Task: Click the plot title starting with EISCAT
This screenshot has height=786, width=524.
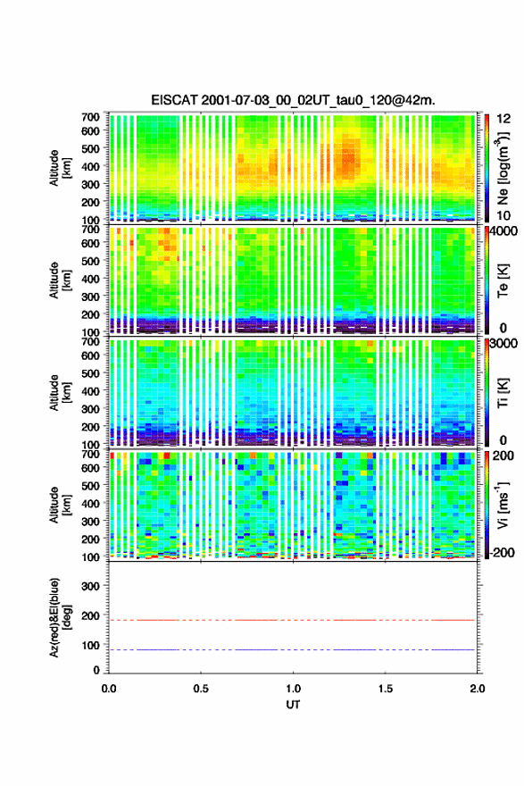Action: pos(293,100)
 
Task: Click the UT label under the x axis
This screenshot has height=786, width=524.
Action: pos(293,705)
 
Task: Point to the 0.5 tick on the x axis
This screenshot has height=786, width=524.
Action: pos(201,689)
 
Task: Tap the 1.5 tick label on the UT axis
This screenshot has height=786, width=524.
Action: pos(386,689)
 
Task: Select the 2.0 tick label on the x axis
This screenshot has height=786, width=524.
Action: pos(478,689)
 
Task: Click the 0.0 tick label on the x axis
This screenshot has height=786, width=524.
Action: pos(109,689)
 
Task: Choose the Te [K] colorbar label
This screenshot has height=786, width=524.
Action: pos(503,280)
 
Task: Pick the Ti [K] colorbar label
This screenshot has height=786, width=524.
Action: pos(503,393)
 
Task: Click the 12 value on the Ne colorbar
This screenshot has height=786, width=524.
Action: pos(503,119)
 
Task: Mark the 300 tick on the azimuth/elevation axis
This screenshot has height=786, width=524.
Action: pos(91,586)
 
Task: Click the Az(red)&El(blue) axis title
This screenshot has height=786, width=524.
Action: pos(58,617)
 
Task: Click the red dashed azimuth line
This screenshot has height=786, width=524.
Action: pos(292,620)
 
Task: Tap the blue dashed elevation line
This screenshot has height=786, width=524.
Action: pos(292,649)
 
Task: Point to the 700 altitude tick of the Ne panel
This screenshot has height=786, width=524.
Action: pos(91,117)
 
